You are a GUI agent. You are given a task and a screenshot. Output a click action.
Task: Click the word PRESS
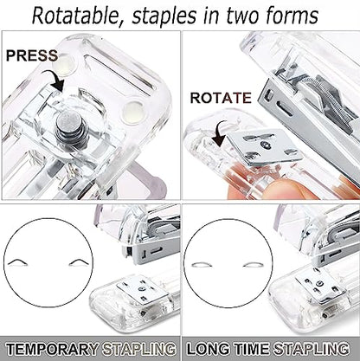pos(32,55)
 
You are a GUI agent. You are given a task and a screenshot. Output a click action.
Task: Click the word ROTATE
pos(221,98)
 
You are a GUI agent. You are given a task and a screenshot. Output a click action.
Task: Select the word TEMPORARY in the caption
pos(52,349)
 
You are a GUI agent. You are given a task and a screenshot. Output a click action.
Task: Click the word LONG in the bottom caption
pos(209,349)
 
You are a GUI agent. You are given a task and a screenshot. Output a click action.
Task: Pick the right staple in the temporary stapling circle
pos(80,261)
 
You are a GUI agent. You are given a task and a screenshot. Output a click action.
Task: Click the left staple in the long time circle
pos(202,265)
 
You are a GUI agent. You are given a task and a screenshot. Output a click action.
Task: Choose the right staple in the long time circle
pos(254,265)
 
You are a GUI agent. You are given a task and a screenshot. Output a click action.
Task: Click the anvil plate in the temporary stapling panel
pos(142,289)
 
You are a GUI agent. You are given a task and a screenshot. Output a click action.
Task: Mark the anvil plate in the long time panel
pos(320,285)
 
